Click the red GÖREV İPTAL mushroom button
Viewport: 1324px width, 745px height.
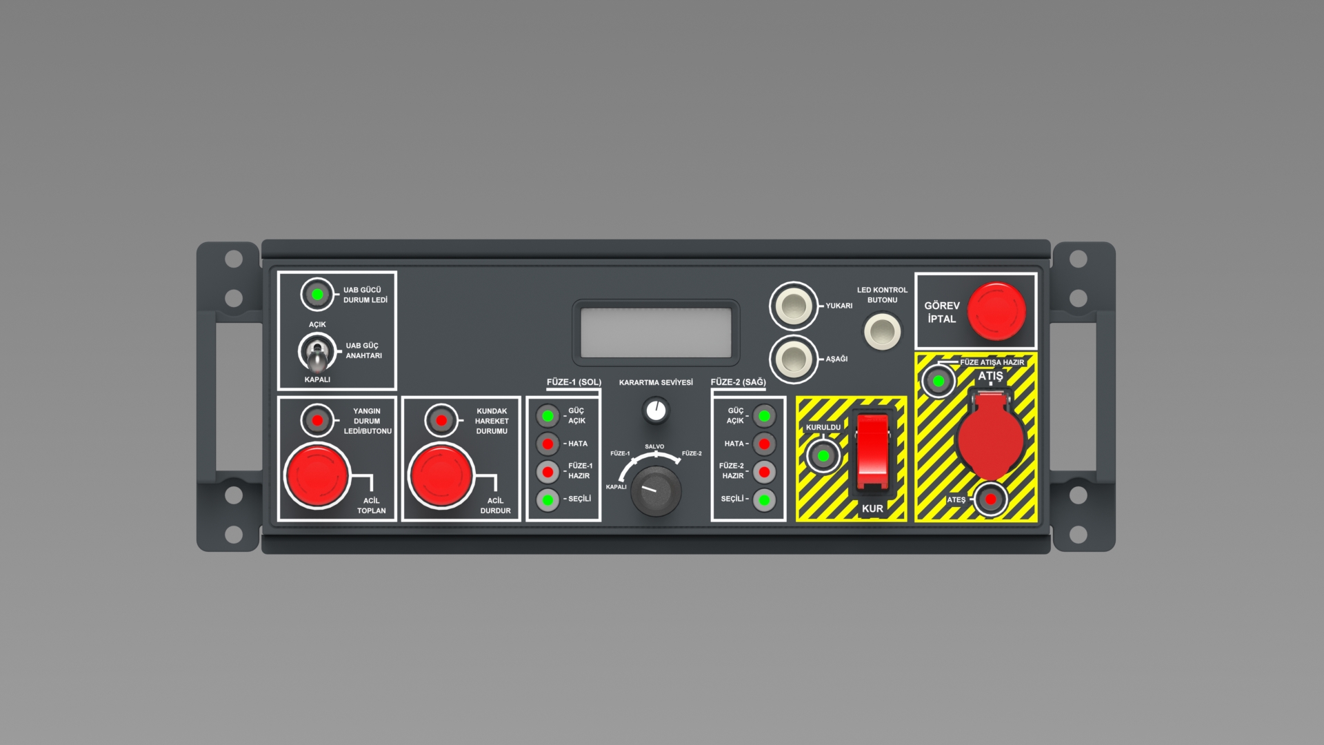(996, 311)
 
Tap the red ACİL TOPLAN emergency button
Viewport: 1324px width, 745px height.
(317, 475)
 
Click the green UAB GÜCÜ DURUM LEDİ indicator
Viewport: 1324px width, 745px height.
(317, 295)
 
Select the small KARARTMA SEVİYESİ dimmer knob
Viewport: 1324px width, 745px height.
(656, 410)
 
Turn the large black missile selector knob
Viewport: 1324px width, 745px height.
(656, 490)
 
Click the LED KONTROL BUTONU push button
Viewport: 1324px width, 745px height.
(882, 331)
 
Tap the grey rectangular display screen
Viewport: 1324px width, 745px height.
(656, 332)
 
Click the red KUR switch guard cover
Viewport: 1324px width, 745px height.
(872, 451)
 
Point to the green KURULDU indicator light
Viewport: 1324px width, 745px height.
(823, 456)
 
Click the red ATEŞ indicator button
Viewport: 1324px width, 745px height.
(991, 499)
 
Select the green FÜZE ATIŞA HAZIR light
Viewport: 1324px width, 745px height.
(939, 381)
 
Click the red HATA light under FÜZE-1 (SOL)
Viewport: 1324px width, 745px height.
(548, 444)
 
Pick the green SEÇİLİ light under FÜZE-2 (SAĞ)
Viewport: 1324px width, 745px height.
(764, 499)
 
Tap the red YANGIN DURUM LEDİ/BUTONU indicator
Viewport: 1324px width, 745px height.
(317, 420)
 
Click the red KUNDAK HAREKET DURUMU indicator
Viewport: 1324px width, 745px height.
(441, 420)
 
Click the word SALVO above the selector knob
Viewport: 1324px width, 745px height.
(654, 447)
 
